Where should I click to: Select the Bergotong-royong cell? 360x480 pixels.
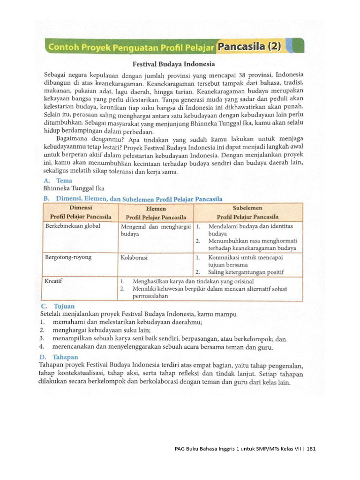click(x=68, y=257)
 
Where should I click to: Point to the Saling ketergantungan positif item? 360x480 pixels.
click(x=246, y=272)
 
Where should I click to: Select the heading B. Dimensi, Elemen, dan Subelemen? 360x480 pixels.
click(x=133, y=198)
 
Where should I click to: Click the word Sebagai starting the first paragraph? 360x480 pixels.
click(x=56, y=75)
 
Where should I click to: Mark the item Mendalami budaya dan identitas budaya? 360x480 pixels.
click(x=250, y=229)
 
